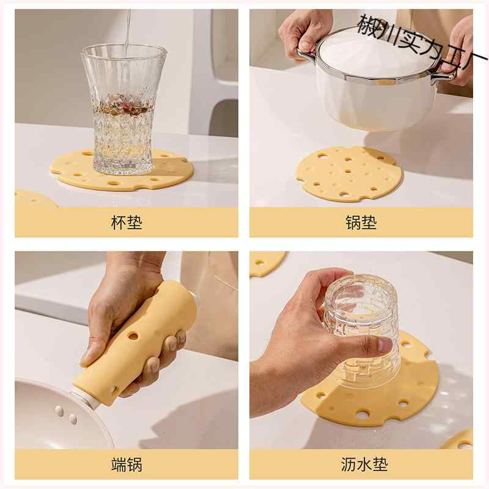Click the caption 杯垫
(x=127, y=222)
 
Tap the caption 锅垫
(x=361, y=222)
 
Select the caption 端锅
(x=127, y=465)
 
